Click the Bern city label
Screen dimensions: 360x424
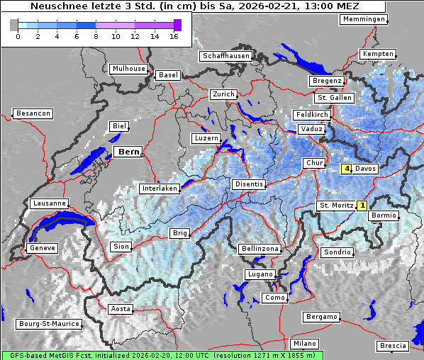[128, 152]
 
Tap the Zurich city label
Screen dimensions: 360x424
[223, 94]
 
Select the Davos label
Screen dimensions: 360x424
[366, 169]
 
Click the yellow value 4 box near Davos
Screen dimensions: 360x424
[347, 169]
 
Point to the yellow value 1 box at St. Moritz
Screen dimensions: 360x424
[362, 206]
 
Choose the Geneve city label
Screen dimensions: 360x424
[41, 248]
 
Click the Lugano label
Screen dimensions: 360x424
[260, 274]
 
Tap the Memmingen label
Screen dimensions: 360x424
[364, 19]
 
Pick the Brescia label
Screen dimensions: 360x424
[393, 346]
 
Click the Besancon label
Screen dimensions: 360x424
[33, 113]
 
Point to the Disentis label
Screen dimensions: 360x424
[248, 184]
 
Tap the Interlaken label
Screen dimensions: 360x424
[159, 189]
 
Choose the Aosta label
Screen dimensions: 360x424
[120, 309]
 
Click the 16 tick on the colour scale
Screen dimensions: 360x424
[174, 35]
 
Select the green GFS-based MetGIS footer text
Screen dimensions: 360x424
[162, 355]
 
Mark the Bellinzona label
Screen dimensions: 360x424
[260, 249]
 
